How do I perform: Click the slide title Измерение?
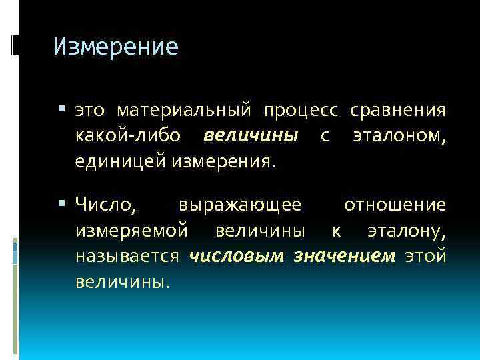(x=115, y=47)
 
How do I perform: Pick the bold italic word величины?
(x=250, y=136)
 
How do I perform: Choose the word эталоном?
(x=399, y=136)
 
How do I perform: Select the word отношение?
(x=395, y=204)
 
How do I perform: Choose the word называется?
(x=127, y=256)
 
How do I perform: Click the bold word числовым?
(x=237, y=256)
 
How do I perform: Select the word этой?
(x=425, y=256)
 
